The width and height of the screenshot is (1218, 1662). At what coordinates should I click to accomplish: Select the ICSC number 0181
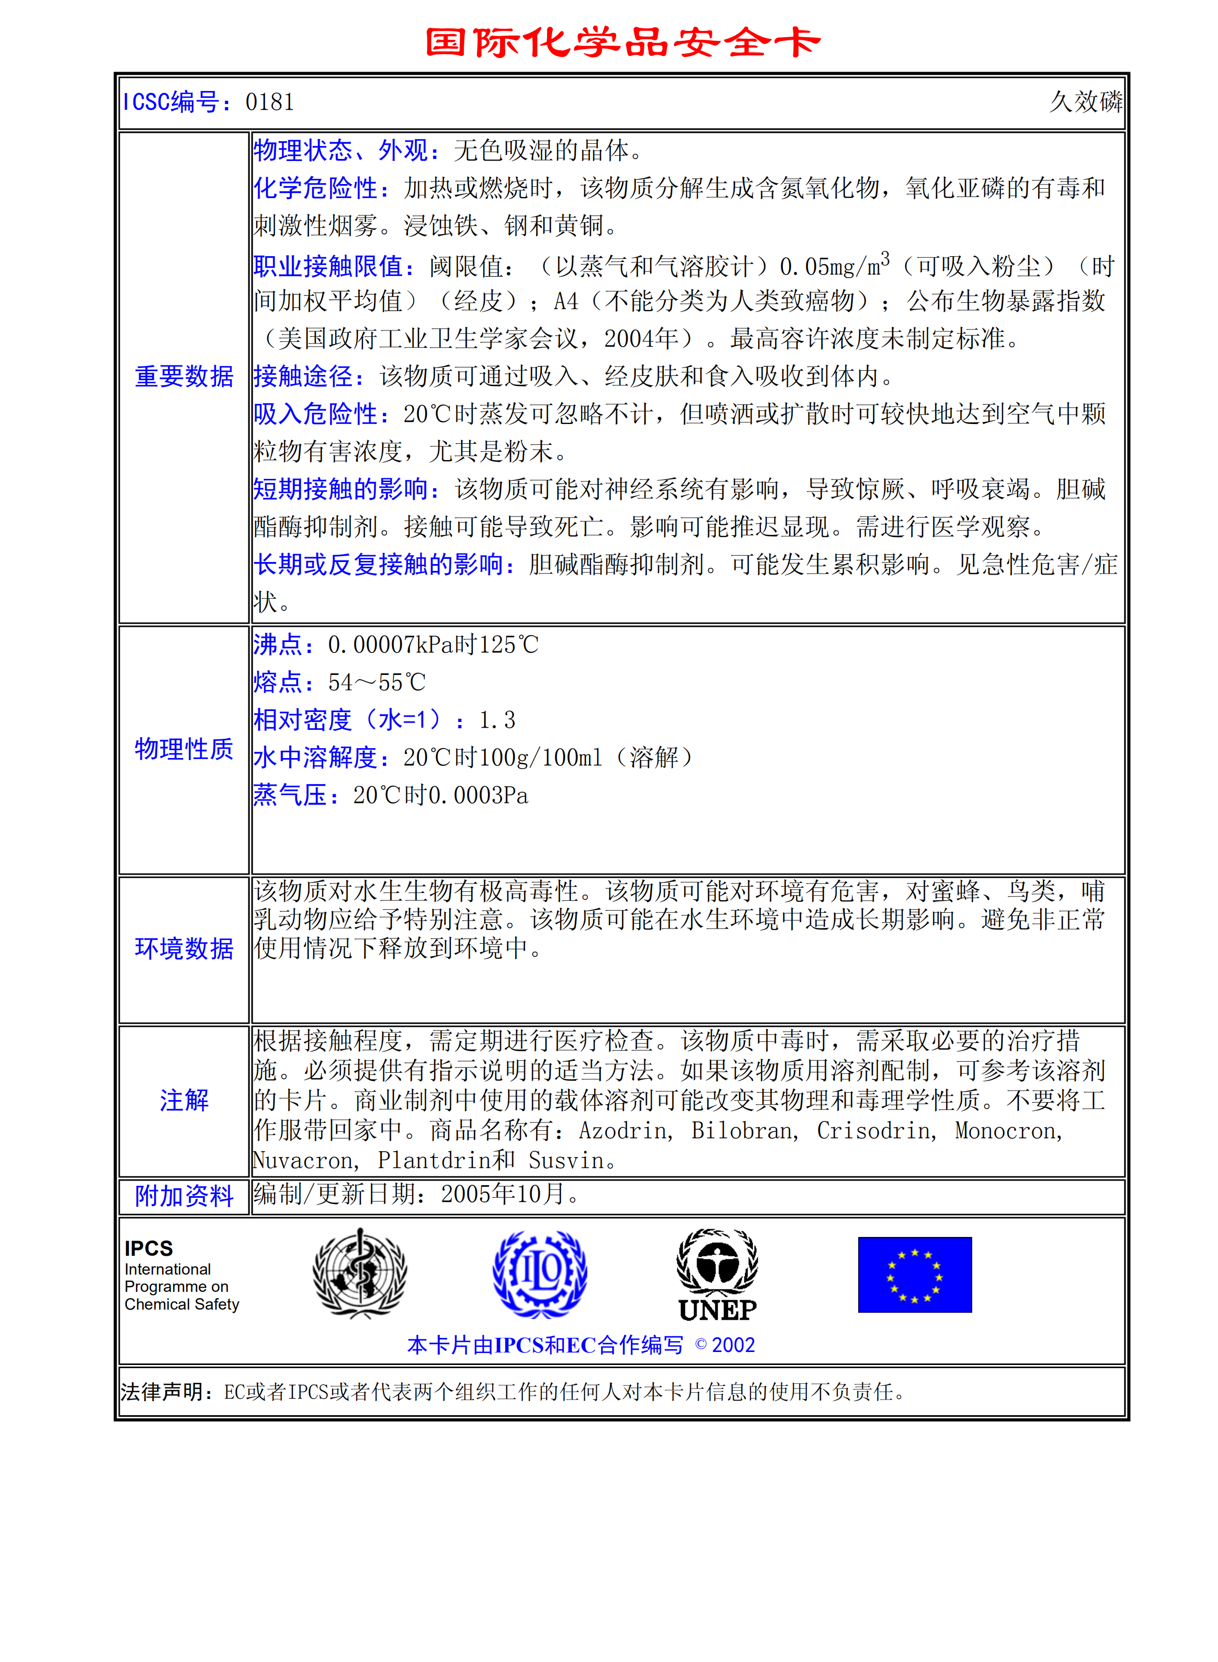click(x=269, y=102)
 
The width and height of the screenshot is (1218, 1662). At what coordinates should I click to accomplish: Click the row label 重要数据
click(x=184, y=376)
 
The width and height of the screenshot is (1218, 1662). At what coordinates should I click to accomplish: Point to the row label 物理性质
click(x=184, y=749)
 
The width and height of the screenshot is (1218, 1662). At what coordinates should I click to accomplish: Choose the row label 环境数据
click(x=184, y=948)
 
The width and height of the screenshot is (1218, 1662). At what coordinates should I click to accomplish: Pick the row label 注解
click(x=184, y=1101)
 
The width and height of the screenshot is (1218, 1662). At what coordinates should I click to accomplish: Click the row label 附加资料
click(x=184, y=1196)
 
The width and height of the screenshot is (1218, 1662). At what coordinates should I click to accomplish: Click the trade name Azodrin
click(x=624, y=1131)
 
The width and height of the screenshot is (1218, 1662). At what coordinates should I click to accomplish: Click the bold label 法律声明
click(x=162, y=1392)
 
